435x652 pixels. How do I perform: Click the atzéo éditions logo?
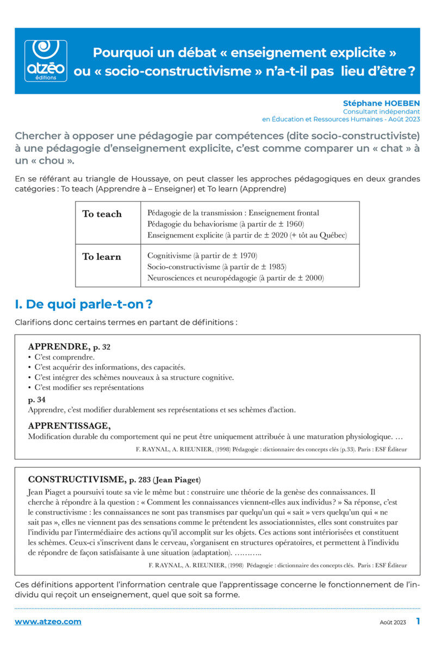[x=46, y=60]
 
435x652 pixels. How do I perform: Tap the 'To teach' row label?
[x=102, y=214]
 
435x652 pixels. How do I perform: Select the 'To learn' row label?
[x=102, y=257]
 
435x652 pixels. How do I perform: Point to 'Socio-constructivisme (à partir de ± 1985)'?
[x=217, y=267]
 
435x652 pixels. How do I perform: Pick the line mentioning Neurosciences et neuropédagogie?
[x=235, y=278]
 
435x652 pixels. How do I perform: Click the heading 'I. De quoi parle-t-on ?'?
[x=84, y=304]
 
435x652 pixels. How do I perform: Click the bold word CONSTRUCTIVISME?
[x=76, y=480]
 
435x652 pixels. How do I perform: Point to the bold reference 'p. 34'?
[x=36, y=400]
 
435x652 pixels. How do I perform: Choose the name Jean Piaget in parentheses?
[x=177, y=480]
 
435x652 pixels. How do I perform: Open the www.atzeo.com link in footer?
[x=48, y=622]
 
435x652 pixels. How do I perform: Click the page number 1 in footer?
[x=418, y=621]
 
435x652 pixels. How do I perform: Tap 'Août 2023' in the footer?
[x=392, y=622]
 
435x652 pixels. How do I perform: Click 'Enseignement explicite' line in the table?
[x=247, y=235]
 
